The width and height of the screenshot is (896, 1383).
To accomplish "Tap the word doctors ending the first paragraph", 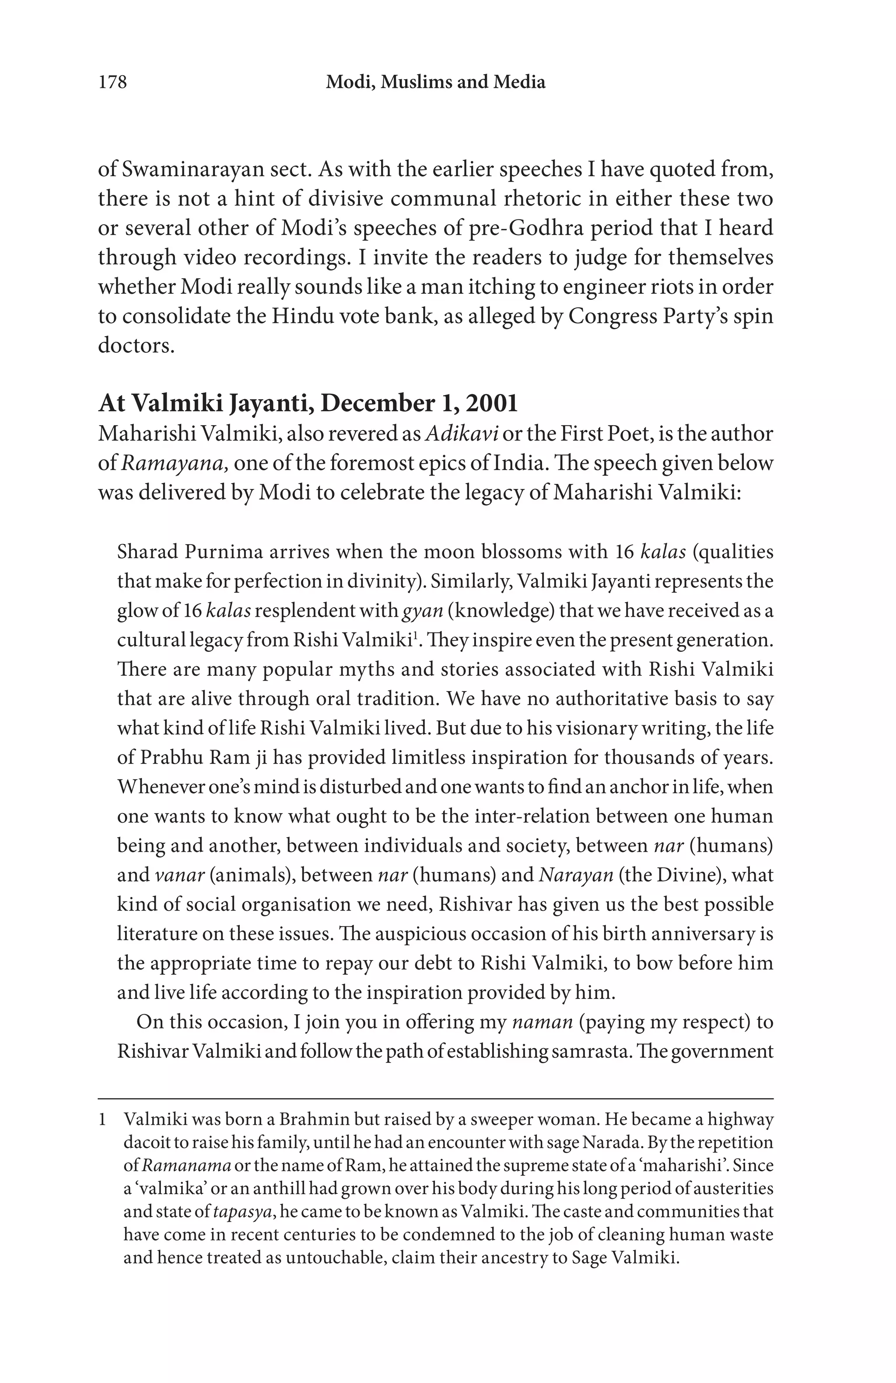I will coord(136,345).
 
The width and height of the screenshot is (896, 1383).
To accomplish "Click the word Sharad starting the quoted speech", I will coord(145,551).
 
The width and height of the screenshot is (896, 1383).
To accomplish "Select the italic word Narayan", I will coord(576,875).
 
